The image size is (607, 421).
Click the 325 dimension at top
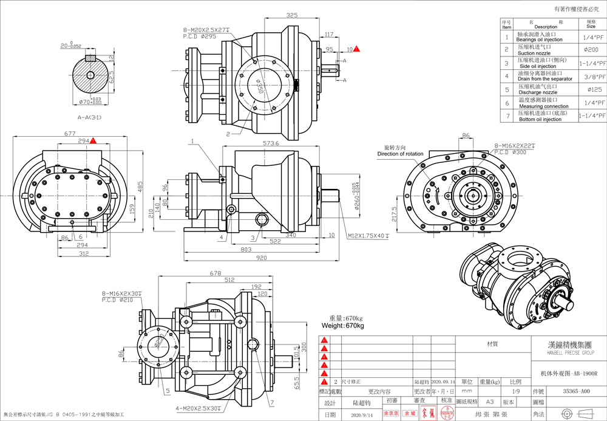292,15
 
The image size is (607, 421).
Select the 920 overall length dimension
261,258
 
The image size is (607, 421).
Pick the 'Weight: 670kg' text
347,326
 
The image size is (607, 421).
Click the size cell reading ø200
590,49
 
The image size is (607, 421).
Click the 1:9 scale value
515,392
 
